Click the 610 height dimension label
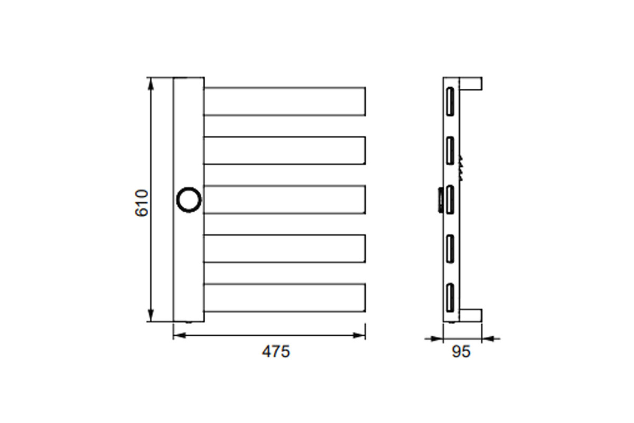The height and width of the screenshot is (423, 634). point(142,203)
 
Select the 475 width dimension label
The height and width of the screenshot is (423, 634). point(276,352)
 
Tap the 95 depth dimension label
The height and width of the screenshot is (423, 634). point(461,352)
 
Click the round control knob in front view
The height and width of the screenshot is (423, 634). point(189,200)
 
